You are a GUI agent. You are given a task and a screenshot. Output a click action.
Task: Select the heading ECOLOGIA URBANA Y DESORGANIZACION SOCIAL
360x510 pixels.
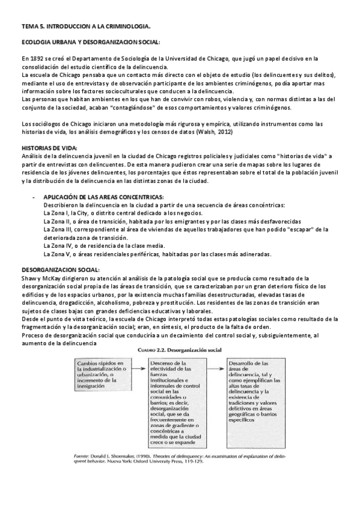click(91, 43)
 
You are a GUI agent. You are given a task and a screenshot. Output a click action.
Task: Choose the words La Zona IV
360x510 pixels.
click(58, 245)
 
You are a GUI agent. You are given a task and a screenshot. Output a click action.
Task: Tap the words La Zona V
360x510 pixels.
click(57, 254)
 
